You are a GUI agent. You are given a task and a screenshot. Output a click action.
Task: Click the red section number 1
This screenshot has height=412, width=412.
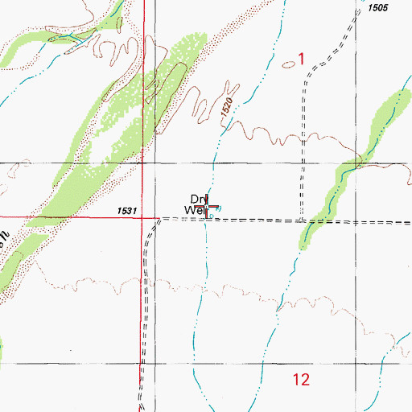pos(301,58)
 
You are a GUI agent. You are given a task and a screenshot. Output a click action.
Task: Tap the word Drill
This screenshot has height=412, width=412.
pos(199,199)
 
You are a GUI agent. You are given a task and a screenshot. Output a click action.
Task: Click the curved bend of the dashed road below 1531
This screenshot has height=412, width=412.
pos(153,225)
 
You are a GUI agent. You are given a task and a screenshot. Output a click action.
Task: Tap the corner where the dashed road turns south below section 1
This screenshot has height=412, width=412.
pos(306,81)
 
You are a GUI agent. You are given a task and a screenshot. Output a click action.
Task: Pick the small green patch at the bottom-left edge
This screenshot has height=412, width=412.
pos(2,348)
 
